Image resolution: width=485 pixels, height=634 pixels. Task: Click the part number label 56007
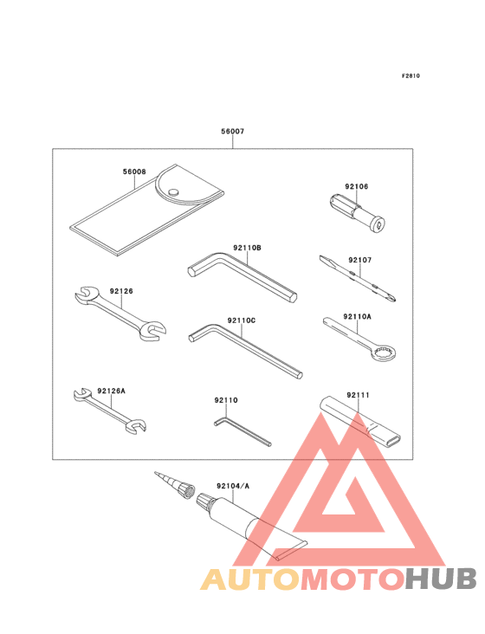pyautogui.click(x=232, y=133)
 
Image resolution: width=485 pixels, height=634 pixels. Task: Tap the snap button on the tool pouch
pyautogui.click(x=173, y=192)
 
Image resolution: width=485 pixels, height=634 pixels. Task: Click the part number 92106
pyautogui.click(x=356, y=186)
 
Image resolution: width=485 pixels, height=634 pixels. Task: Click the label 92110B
pyautogui.click(x=247, y=248)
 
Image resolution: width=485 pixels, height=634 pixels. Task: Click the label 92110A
pyautogui.click(x=357, y=317)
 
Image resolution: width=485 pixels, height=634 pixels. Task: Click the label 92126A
pyautogui.click(x=111, y=391)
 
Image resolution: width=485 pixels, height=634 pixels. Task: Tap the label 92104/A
pyautogui.click(x=233, y=486)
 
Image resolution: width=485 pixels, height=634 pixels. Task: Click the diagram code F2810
pyautogui.click(x=410, y=75)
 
